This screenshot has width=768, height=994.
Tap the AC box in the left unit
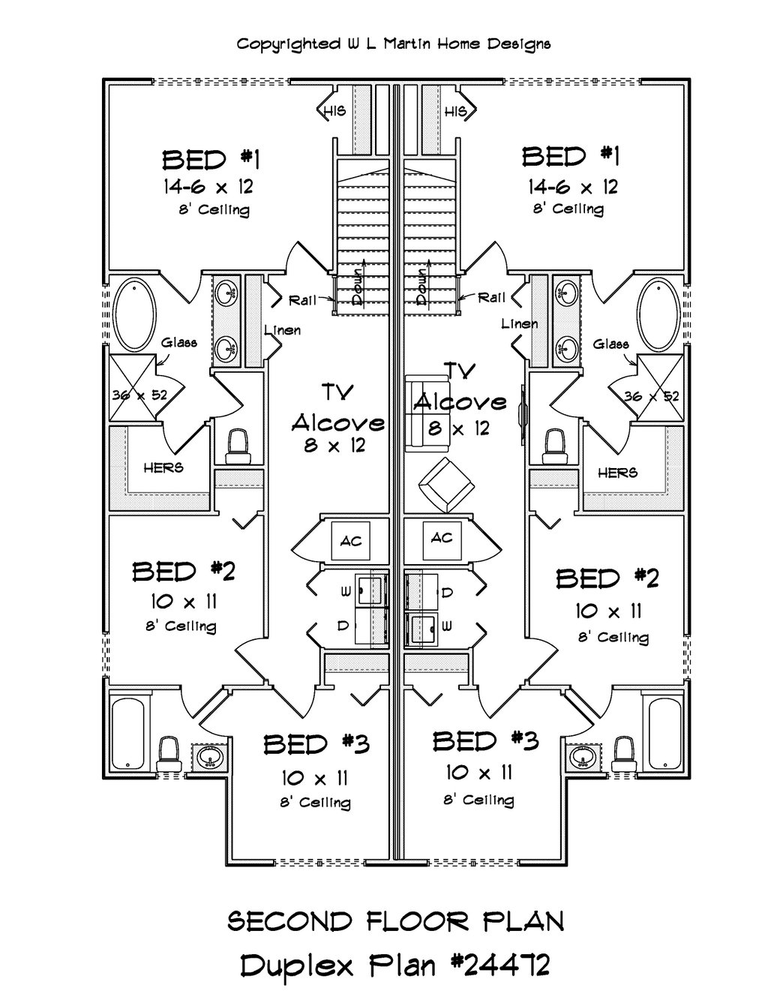click(x=351, y=541)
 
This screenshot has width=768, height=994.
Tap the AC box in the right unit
click(x=441, y=538)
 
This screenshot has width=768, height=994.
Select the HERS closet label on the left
click(x=163, y=467)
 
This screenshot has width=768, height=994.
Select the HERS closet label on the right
click(x=618, y=473)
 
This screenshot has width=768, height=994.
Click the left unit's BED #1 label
click(x=211, y=160)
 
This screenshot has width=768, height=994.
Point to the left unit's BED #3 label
click(x=316, y=744)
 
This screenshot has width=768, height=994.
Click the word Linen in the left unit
click(x=282, y=330)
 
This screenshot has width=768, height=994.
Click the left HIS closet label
click(x=334, y=112)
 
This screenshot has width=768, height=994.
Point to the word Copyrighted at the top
click(x=287, y=44)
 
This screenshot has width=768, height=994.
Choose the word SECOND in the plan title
click(x=289, y=921)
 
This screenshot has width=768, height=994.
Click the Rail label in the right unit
click(x=491, y=298)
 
